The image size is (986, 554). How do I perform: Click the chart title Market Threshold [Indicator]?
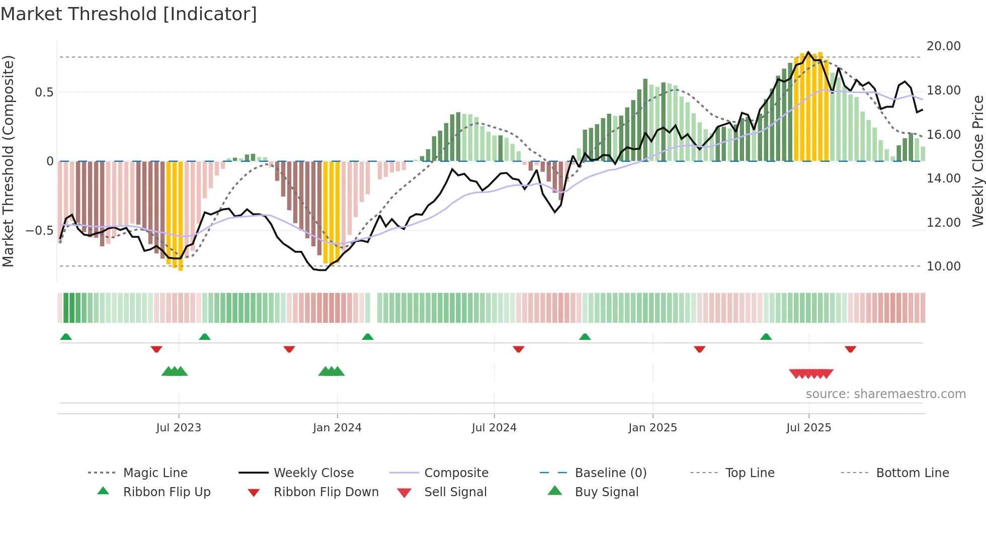pyautogui.click(x=129, y=14)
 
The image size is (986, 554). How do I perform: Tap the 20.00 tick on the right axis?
pyautogui.click(x=943, y=46)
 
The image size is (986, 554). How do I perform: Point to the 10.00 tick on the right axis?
pyautogui.click(x=943, y=266)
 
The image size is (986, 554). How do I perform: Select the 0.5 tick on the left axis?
pyautogui.click(x=44, y=93)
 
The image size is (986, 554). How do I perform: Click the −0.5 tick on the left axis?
pyautogui.click(x=39, y=231)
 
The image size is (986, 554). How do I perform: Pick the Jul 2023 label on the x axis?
pyautogui.click(x=179, y=428)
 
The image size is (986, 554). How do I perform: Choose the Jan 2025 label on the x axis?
pyautogui.click(x=652, y=428)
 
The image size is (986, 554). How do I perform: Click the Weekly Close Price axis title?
pyautogui.click(x=977, y=161)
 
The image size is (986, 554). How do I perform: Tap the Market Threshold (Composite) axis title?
pyautogui.click(x=8, y=161)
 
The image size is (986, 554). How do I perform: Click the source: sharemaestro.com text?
pyautogui.click(x=885, y=394)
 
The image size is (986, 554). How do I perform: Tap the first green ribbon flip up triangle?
pyautogui.click(x=66, y=337)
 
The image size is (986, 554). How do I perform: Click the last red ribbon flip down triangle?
pyautogui.click(x=850, y=349)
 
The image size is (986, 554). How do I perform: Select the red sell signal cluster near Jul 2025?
pyautogui.click(x=811, y=374)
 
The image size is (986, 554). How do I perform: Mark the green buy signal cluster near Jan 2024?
pyautogui.click(x=332, y=372)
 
